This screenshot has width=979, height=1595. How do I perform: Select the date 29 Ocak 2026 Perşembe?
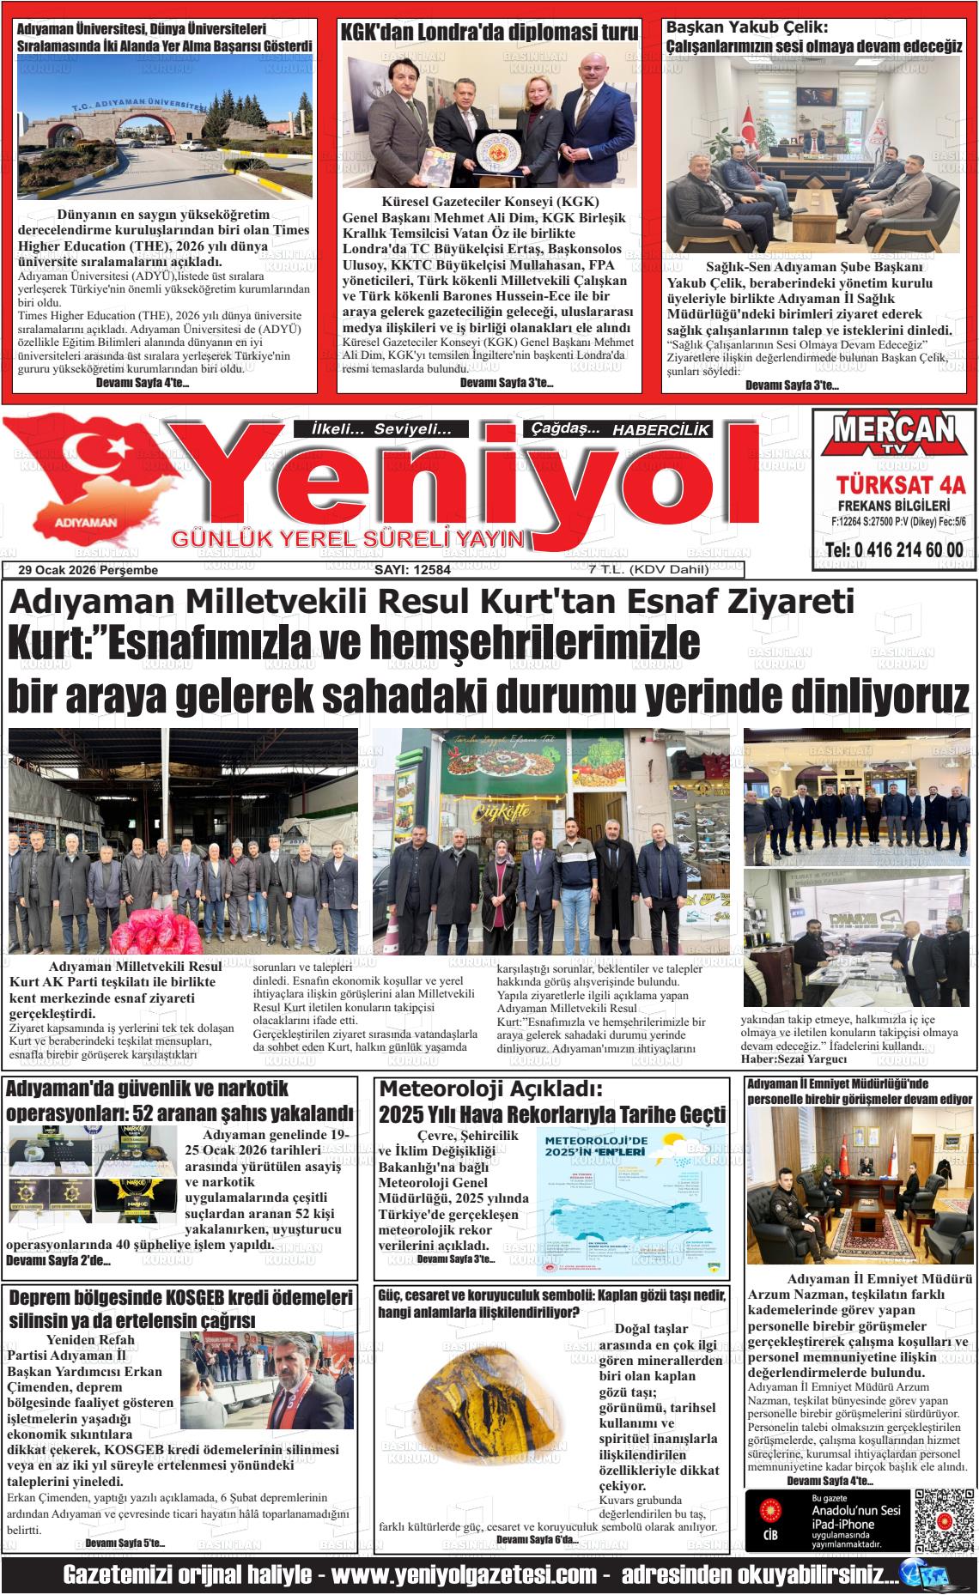pos(88,570)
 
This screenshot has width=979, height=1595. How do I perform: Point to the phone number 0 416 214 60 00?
pos(893,550)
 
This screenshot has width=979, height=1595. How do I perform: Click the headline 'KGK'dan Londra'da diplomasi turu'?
pos(489,33)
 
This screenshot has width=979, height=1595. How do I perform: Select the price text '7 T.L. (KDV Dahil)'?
pos(636,570)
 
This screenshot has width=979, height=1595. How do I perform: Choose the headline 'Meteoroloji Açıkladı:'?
pos(491,1089)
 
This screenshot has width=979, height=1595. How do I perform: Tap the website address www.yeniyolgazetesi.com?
pos(464,1575)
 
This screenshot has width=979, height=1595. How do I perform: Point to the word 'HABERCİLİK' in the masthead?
pos(661,430)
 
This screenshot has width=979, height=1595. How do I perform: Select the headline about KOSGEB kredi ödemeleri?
pos(180,1308)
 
